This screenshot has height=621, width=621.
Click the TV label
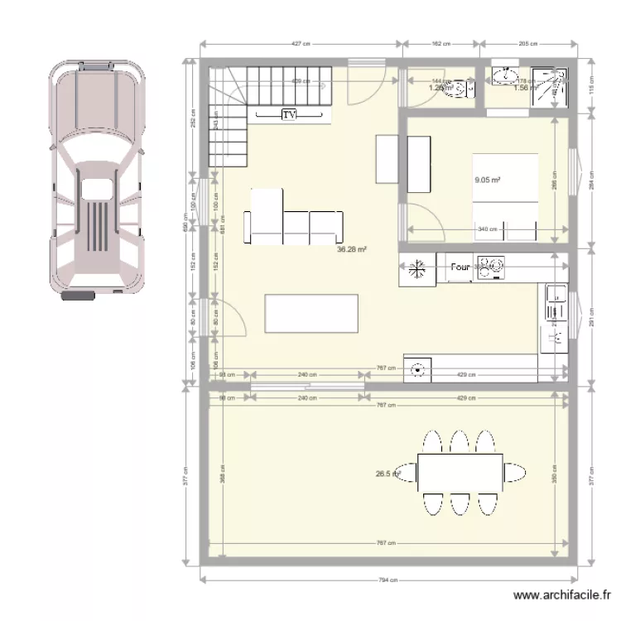(289, 115)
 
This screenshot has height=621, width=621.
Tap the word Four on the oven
(460, 267)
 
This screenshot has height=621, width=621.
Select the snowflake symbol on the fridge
(417, 268)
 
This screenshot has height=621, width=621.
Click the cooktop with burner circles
(491, 267)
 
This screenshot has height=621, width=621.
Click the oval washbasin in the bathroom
(503, 78)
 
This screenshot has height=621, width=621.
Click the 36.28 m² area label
(351, 248)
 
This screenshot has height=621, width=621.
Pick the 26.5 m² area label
(388, 474)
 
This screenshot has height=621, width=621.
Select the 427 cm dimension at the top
(300, 44)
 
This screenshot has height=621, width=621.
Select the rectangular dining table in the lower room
(460, 472)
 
